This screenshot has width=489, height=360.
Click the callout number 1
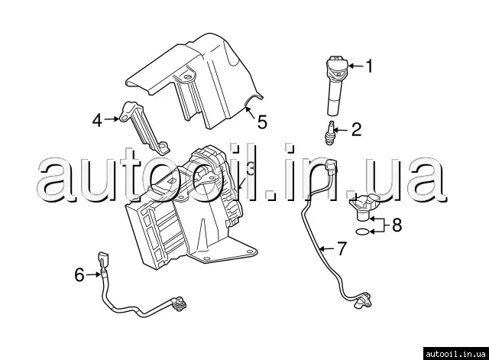pyautogui.click(x=369, y=66)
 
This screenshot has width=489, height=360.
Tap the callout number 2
pyautogui.click(x=356, y=129)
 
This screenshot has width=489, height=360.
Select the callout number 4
pyautogui.click(x=97, y=121)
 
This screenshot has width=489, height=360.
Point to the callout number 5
pyautogui.click(x=262, y=122)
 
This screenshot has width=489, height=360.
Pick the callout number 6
pyautogui.click(x=79, y=275)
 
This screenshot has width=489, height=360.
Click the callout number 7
pyautogui.click(x=342, y=248)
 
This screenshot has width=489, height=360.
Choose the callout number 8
pyautogui.click(x=397, y=225)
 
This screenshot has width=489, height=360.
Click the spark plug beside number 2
pyautogui.click(x=330, y=132)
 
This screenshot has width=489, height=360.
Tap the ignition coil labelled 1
pyautogui.click(x=335, y=85)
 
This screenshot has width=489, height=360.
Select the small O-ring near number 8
pyautogui.click(x=362, y=232)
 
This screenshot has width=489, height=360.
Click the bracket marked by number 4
pyautogui.click(x=144, y=128)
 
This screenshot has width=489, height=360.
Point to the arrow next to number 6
pyautogui.click(x=93, y=274)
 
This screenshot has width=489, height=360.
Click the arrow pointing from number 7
pyautogui.click(x=327, y=248)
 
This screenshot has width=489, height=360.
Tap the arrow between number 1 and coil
pyautogui.click(x=355, y=66)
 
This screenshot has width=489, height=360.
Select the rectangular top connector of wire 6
pyautogui.click(x=103, y=258)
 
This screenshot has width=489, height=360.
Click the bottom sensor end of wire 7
pyautogui.click(x=363, y=300)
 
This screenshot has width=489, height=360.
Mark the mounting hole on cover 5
pyautogui.click(x=187, y=76)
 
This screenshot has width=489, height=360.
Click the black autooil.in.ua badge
pyautogui.click(x=456, y=354)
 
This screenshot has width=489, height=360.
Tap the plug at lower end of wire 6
pyautogui.click(x=179, y=302)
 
